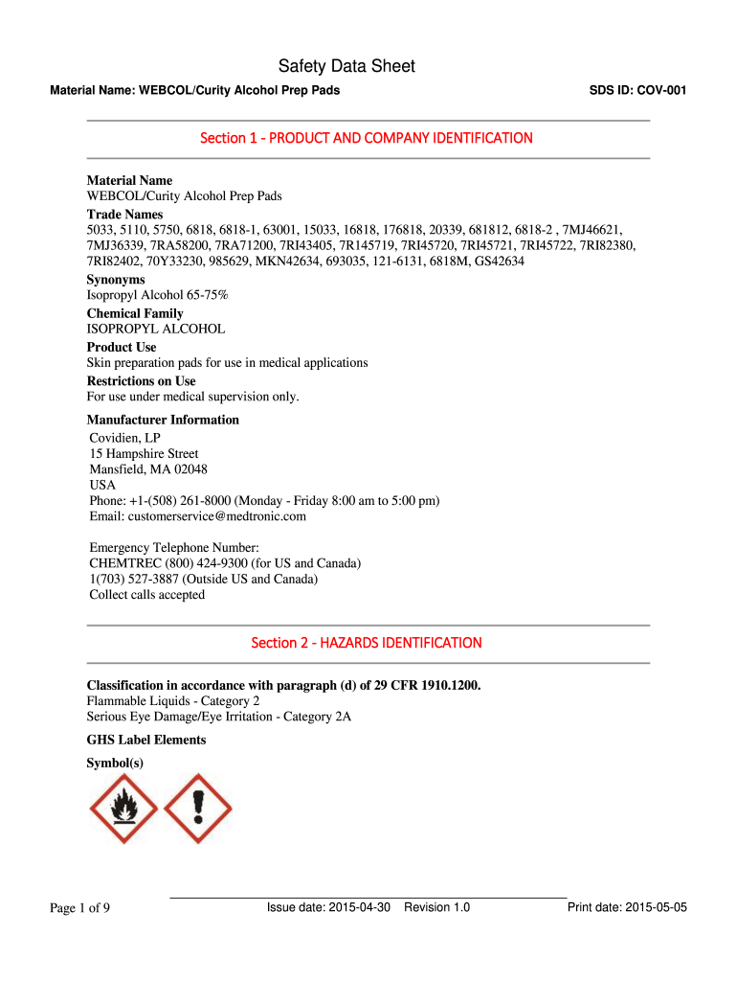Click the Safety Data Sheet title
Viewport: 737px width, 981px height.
[x=346, y=66]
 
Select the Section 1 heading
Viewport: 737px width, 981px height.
[x=367, y=138]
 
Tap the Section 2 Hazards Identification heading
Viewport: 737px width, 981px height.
[x=367, y=643]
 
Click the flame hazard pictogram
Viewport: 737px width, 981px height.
[x=123, y=809]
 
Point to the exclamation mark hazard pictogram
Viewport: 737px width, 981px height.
[x=198, y=809]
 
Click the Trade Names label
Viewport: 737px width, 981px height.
[x=125, y=215]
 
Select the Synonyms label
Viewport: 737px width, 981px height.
[x=116, y=280]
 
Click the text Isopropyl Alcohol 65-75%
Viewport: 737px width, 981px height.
[x=158, y=295]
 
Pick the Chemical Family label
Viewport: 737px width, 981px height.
[x=135, y=313]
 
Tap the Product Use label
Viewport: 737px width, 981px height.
[x=122, y=347]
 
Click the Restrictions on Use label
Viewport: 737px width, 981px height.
[x=142, y=381]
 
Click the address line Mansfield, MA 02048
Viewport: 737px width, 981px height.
[x=148, y=469]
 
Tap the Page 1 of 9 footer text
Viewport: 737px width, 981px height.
[x=80, y=908]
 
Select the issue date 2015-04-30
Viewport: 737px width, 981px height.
[x=359, y=907]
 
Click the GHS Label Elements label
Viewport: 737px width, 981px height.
[x=146, y=740]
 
